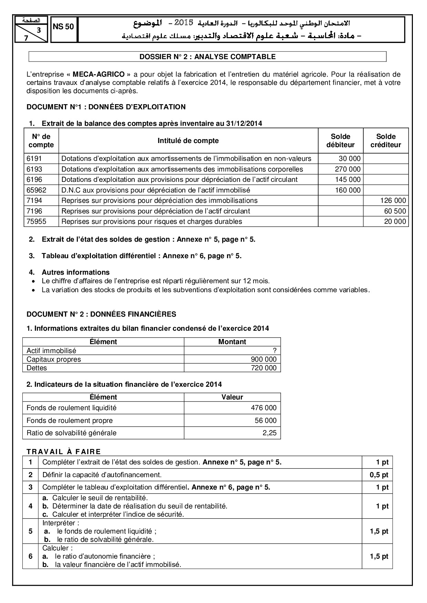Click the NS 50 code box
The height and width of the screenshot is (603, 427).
64,27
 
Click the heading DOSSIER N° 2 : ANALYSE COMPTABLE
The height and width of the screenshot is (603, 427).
207,57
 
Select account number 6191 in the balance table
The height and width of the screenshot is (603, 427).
33,158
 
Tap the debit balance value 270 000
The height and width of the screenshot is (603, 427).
348,169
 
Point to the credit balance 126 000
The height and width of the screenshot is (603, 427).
393,200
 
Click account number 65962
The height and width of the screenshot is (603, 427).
36,190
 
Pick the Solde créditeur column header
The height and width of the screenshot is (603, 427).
386,141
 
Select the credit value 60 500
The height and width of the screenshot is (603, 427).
395,211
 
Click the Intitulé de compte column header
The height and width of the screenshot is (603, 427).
188,141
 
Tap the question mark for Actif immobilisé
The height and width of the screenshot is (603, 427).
274,351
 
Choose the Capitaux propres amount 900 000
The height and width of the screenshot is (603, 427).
263,359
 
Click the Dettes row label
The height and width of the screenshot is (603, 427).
37,368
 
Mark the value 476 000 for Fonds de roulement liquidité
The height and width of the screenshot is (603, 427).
263,408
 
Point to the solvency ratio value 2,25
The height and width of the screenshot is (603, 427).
269,433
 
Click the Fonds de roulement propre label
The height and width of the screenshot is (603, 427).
70,420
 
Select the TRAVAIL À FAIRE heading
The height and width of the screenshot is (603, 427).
64,452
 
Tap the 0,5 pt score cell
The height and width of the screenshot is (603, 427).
379,475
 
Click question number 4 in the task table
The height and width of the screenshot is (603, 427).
31,506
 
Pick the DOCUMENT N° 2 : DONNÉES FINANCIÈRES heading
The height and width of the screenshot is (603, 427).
101,314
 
